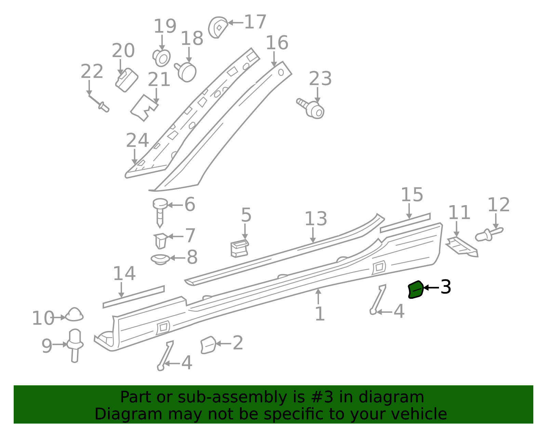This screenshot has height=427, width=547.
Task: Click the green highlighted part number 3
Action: (x=416, y=290)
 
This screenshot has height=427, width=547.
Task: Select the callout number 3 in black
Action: (x=445, y=287)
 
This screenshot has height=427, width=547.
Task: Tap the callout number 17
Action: (x=255, y=22)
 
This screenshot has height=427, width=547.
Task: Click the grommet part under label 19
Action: (x=161, y=58)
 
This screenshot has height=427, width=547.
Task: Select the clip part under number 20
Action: (x=126, y=80)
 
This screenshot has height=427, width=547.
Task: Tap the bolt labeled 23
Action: (x=311, y=109)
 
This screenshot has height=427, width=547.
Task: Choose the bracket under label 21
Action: (x=144, y=108)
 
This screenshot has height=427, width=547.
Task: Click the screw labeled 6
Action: (x=160, y=213)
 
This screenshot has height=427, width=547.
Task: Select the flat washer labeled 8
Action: (x=160, y=259)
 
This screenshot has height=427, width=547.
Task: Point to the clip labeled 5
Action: (x=239, y=249)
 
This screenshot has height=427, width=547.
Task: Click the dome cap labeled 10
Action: (x=74, y=315)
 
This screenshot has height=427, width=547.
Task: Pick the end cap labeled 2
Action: (x=209, y=345)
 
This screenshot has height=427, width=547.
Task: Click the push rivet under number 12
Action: (x=489, y=235)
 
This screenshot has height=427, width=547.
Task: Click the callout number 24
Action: (x=137, y=140)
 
